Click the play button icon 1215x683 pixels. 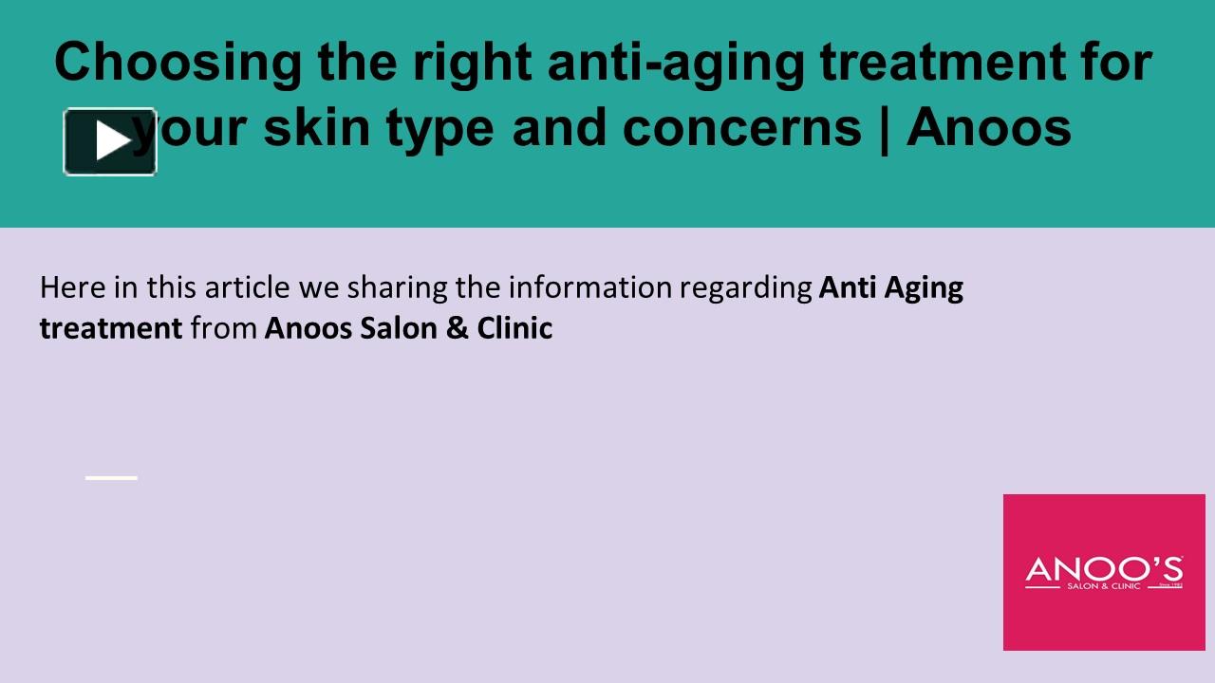110,141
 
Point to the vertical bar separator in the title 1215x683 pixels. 885,128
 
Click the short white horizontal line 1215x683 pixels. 111,478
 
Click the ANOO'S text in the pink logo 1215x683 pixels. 1104,569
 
